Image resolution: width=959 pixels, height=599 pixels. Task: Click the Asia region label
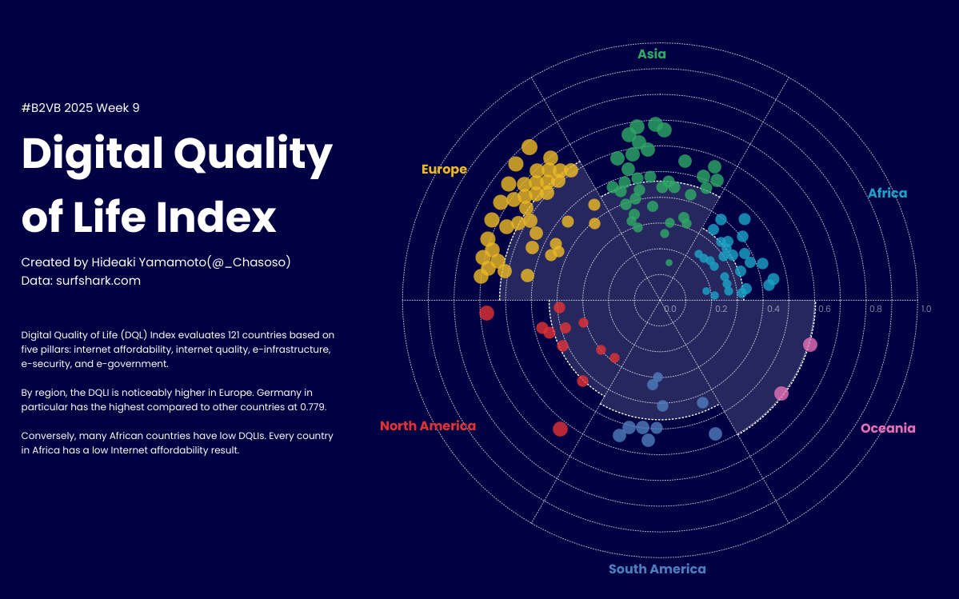point(652,54)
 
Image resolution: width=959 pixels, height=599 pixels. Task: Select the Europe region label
point(444,170)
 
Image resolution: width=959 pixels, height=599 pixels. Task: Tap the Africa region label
point(887,194)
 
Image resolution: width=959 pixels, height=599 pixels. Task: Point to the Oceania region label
point(888,429)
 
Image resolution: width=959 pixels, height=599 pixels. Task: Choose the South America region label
point(657,569)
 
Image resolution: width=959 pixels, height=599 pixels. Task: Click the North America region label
point(427,426)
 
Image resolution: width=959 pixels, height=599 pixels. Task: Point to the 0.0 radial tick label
point(670,309)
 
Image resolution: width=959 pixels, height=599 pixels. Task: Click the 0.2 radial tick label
point(721,309)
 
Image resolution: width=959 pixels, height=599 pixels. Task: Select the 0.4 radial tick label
point(773,309)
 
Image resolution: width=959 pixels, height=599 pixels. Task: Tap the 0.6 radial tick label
point(825,309)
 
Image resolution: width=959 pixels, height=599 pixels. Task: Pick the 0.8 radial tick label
point(876,309)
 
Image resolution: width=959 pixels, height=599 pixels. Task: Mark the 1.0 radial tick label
point(925,309)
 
